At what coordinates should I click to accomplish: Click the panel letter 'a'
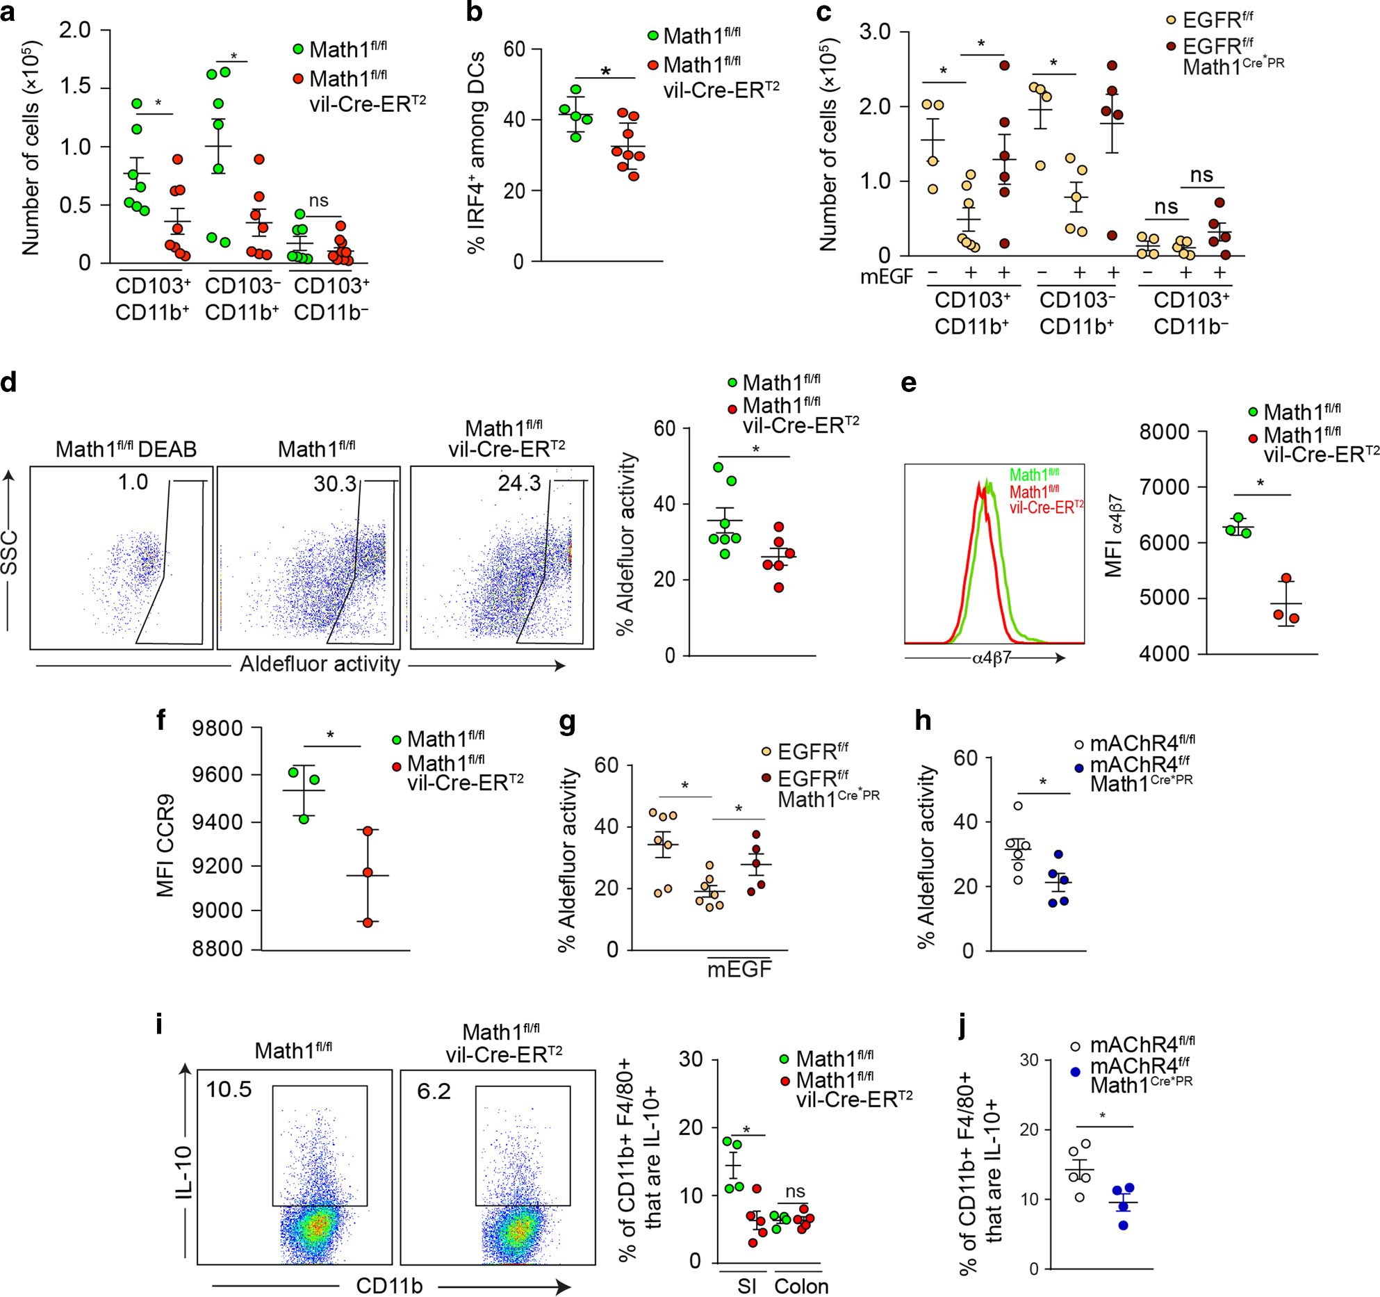(8, 13)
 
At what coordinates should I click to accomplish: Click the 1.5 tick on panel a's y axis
(74, 87)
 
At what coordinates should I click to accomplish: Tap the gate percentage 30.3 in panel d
(334, 483)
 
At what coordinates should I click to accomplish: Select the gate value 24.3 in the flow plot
(519, 483)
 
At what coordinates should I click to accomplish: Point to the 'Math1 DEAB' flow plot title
(126, 449)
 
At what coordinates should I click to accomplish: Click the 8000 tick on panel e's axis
(1164, 432)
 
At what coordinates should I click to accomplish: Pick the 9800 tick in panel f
(217, 728)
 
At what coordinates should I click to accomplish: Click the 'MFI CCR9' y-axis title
(165, 845)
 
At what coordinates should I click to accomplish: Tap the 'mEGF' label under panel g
(739, 969)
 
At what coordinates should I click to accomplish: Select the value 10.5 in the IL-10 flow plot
(229, 1088)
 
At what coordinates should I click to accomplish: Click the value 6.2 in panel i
(434, 1091)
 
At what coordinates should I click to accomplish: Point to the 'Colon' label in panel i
(800, 1286)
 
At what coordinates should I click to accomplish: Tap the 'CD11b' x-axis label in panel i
(388, 1285)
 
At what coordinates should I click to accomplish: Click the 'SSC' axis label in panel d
(9, 553)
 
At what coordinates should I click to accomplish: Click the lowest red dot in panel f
(368, 922)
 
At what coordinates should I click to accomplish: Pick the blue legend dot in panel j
(1076, 1072)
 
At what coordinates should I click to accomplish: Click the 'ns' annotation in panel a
(318, 201)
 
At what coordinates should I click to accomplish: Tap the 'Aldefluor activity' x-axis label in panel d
(320, 664)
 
